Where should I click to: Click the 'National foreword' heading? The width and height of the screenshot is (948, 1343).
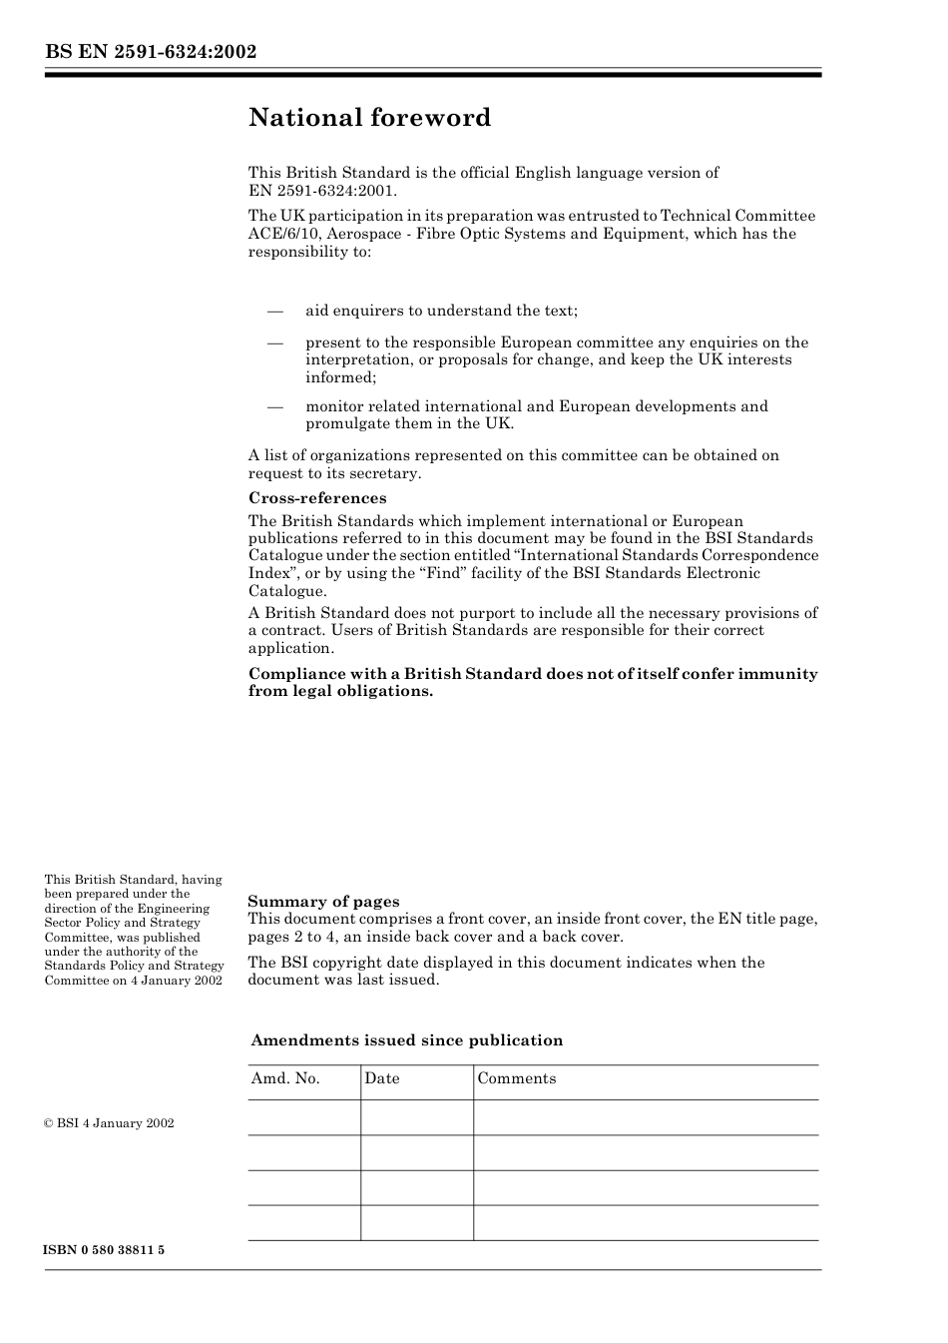[x=369, y=118]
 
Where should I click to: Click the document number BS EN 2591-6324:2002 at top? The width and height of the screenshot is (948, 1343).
[x=151, y=51]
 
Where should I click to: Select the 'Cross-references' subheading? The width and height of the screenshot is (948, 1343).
[x=317, y=497]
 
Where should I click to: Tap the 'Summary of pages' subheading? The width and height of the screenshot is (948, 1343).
[x=323, y=901]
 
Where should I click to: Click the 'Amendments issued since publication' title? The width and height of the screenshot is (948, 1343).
[x=406, y=1040]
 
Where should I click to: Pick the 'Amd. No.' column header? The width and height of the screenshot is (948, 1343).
[x=285, y=1078]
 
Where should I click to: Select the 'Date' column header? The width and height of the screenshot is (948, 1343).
[x=382, y=1078]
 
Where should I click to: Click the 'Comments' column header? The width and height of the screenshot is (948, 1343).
[x=516, y=1078]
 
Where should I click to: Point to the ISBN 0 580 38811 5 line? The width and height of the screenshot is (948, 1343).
[x=105, y=1250]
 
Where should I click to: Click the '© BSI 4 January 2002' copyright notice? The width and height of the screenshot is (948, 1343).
[x=109, y=1123]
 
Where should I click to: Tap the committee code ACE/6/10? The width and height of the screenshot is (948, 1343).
[x=281, y=234]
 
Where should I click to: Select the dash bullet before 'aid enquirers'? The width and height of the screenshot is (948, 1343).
[x=274, y=311]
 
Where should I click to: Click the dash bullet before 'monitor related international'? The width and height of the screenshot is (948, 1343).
[x=274, y=406]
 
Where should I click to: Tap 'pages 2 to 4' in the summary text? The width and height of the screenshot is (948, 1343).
[x=290, y=937]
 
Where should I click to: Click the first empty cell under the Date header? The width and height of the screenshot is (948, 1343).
[x=416, y=1117]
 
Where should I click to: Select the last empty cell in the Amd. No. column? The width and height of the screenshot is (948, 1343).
[x=303, y=1222]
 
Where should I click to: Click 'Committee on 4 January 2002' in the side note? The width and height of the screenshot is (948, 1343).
[x=133, y=980]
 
